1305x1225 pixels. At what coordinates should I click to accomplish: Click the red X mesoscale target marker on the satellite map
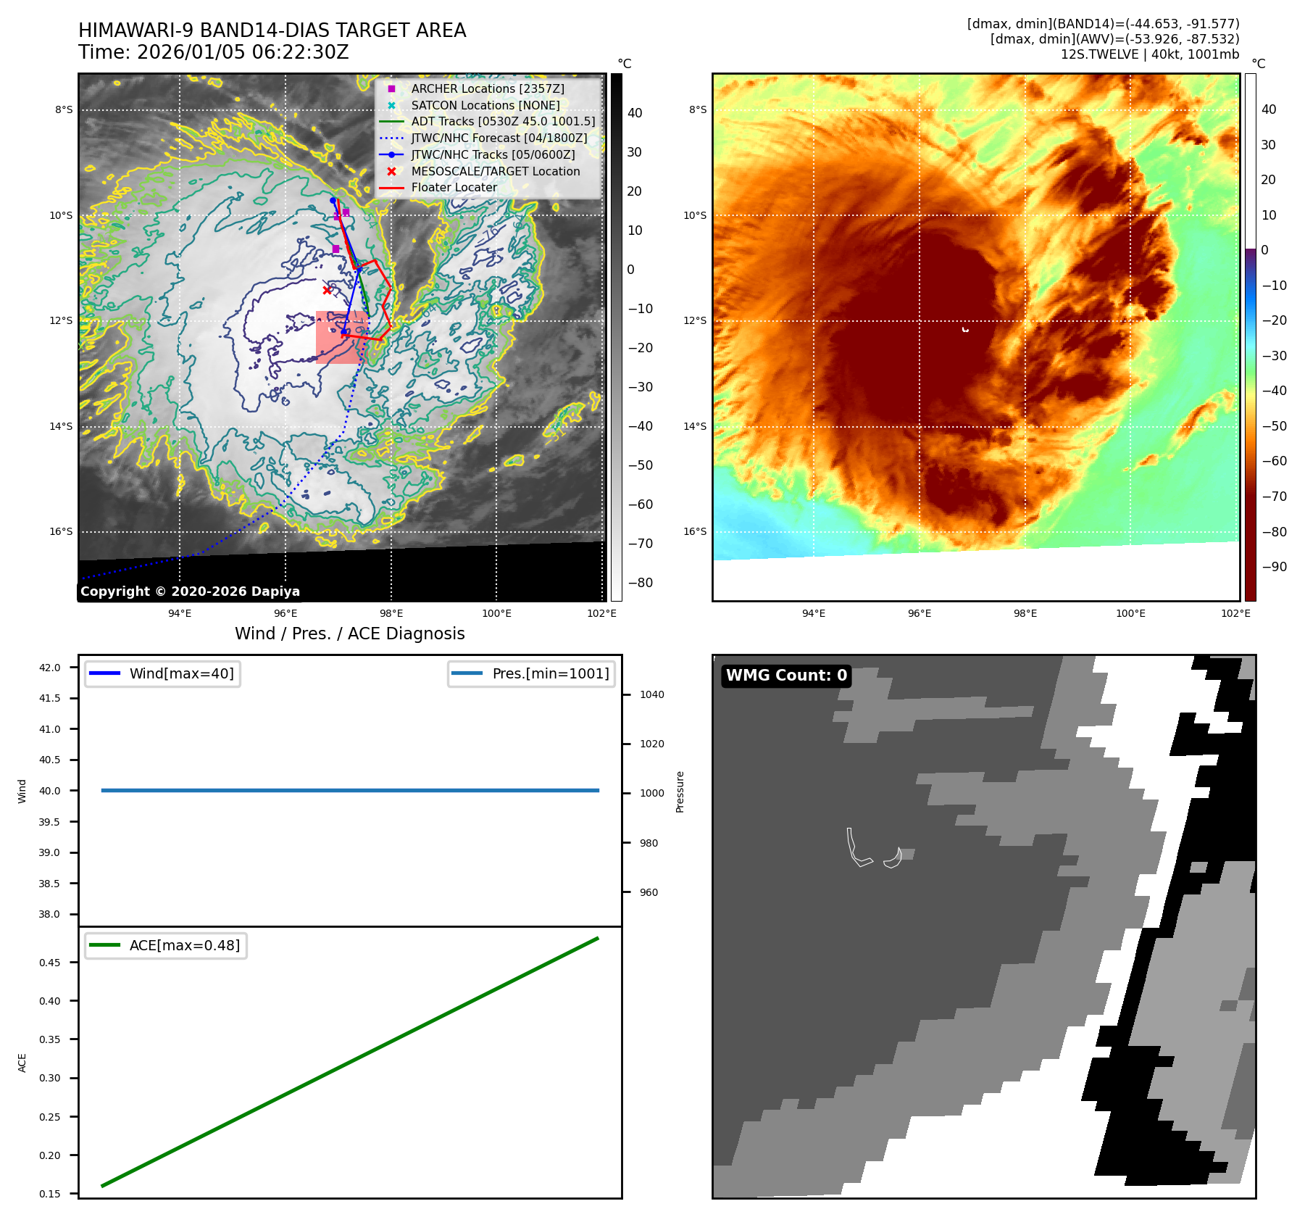327,291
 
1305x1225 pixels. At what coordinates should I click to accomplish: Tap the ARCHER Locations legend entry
487,88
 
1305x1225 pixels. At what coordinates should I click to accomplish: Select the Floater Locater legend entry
454,187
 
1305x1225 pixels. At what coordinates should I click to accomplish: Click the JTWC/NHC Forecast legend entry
499,138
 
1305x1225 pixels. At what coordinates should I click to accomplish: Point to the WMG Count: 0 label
786,676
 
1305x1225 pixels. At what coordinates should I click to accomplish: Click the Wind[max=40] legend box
162,673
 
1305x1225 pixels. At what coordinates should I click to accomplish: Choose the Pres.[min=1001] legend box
531,673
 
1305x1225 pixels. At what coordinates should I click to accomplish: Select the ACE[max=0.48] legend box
166,945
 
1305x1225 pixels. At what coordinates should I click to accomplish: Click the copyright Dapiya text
190,591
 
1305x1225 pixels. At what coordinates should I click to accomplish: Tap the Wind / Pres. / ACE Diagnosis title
349,634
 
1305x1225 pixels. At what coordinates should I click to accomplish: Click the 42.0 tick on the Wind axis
50,668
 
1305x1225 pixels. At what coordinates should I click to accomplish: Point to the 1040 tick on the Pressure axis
651,694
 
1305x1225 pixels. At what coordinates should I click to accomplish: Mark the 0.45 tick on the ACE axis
50,963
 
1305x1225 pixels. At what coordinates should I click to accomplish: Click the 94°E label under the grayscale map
180,614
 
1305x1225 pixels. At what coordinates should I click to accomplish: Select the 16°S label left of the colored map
694,531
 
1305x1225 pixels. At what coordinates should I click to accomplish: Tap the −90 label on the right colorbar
1274,567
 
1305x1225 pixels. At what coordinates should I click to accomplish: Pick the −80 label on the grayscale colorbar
640,583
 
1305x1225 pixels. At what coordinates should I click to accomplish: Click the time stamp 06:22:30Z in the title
300,53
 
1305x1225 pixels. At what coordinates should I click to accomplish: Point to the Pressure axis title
680,792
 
